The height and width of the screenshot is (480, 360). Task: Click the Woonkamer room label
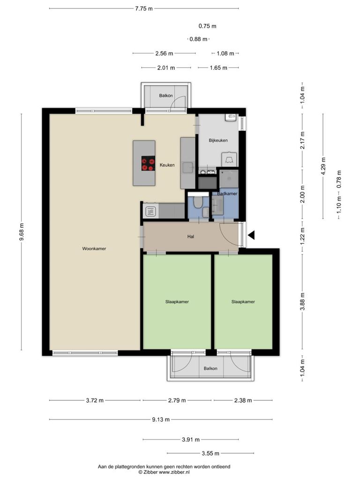point(94,248)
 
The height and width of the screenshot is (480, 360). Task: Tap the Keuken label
point(167,165)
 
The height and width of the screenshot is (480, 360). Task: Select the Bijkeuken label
point(218,141)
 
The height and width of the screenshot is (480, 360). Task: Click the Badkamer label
point(227,194)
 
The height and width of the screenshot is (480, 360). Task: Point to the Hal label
point(191,237)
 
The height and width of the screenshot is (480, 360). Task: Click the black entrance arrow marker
point(251,235)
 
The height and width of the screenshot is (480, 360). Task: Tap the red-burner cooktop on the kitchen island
point(148,164)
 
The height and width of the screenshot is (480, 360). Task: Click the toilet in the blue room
point(198,202)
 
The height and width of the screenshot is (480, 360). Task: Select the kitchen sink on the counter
point(187,167)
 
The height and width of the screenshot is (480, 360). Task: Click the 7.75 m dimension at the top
point(144,8)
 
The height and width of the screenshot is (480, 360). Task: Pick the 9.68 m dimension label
point(22,232)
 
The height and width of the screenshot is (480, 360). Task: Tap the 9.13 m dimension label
point(161,420)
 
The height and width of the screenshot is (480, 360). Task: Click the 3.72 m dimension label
point(95,400)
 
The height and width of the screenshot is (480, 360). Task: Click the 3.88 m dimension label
point(302,301)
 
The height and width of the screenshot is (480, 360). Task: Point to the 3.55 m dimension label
point(210,453)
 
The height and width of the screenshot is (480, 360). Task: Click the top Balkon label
point(166,96)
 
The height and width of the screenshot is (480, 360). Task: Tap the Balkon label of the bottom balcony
point(210,368)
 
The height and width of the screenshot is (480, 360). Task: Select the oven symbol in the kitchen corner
point(150,211)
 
